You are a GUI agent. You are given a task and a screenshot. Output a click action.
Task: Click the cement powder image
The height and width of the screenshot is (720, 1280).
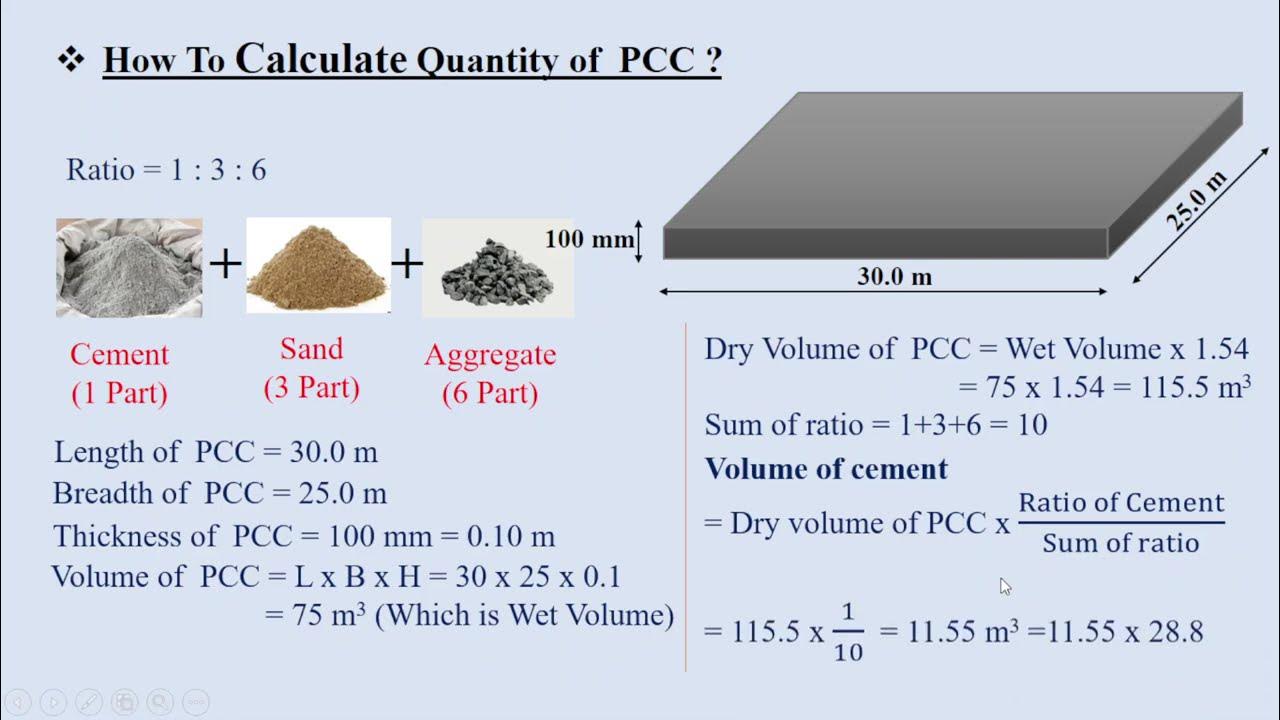coord(129,267)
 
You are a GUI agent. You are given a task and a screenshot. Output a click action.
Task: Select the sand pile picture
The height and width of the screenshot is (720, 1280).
coord(318,265)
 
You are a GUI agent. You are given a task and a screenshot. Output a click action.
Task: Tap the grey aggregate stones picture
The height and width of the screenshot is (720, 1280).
coord(497,268)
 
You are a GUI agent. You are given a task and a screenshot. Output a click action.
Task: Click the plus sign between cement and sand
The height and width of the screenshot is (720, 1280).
coord(225,265)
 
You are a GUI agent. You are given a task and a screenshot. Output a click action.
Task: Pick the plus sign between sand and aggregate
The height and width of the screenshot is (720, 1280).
coord(407,265)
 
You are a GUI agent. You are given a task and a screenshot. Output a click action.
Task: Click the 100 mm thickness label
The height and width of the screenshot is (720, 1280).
coord(589,240)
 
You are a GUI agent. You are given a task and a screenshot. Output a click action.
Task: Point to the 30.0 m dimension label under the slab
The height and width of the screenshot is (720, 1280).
coord(894,277)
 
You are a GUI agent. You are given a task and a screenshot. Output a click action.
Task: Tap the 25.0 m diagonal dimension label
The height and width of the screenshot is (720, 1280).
coord(1196,201)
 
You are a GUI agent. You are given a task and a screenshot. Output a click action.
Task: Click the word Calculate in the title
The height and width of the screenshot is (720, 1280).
coord(320,59)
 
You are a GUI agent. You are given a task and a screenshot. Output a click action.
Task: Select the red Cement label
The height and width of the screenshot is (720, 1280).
coord(119,355)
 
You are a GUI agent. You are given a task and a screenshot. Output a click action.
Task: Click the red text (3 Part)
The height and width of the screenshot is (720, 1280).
coord(311,387)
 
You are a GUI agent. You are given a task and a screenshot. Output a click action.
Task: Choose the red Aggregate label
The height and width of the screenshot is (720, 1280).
coord(490,355)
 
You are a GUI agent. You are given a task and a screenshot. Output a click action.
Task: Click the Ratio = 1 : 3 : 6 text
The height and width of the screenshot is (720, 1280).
coord(166,170)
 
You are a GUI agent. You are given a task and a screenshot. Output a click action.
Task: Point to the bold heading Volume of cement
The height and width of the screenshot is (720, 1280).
coord(826,469)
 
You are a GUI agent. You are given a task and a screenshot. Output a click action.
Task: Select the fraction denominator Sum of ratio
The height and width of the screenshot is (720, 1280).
coord(1120,543)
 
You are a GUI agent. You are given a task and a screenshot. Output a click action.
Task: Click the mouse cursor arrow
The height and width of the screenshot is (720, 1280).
coord(1005,586)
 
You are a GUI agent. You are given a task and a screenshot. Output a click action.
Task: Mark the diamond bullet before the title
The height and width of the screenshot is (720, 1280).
coord(70,61)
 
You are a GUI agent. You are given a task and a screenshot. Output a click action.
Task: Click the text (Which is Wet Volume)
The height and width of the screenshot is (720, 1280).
coord(524,614)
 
